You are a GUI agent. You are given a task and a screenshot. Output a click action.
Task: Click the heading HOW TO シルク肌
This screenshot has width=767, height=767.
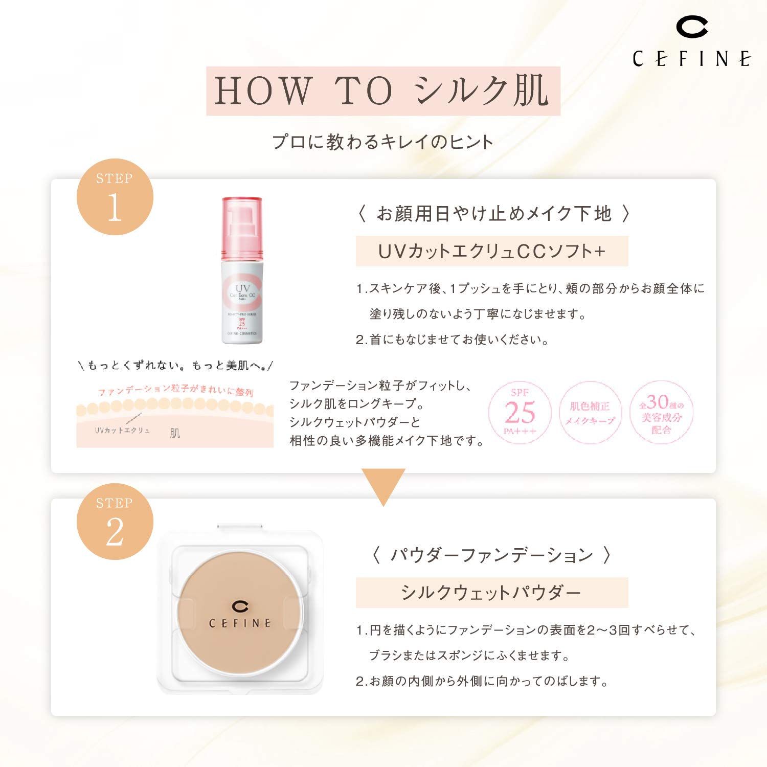(x=383, y=91)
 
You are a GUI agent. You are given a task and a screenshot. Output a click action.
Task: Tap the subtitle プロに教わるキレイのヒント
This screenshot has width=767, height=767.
(x=382, y=142)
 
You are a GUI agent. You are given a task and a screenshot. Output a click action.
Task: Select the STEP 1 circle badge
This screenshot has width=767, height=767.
(x=115, y=197)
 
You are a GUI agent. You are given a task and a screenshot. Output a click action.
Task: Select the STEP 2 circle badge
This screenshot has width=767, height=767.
(x=115, y=522)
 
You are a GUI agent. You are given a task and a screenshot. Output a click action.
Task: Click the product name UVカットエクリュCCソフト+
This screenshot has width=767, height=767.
(x=491, y=251)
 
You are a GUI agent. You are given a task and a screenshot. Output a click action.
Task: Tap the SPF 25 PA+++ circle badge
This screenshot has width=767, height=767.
(x=520, y=413)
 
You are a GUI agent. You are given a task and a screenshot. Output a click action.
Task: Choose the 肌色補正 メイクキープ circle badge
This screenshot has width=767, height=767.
(x=590, y=413)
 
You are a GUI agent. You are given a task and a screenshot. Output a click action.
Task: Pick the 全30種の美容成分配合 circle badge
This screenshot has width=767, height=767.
(x=661, y=413)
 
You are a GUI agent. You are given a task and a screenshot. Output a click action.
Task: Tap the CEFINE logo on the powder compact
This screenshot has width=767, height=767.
(x=240, y=615)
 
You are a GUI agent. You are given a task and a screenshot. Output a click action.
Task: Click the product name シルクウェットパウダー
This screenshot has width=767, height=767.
(x=491, y=593)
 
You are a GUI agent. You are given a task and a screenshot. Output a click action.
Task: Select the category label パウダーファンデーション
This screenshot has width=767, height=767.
(x=491, y=555)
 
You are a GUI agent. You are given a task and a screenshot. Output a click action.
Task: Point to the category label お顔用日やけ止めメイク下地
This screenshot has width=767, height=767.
(x=493, y=213)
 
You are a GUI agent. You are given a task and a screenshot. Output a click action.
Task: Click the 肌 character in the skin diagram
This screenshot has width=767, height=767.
(x=175, y=433)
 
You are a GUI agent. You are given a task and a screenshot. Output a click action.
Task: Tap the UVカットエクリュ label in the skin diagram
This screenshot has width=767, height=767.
(x=122, y=431)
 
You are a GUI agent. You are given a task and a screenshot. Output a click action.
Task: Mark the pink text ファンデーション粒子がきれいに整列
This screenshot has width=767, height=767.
(x=175, y=391)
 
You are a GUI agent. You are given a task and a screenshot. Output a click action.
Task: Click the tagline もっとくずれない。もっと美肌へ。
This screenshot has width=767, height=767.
(x=175, y=366)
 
